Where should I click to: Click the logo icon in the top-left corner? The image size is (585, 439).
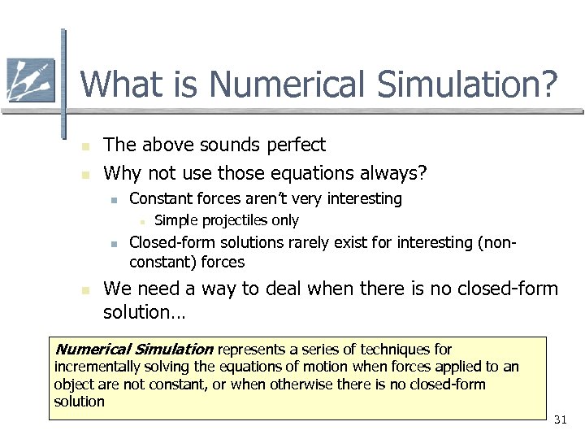(x=30, y=80)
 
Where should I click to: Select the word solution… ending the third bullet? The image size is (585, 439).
(x=144, y=312)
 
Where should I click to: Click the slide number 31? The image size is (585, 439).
(x=559, y=419)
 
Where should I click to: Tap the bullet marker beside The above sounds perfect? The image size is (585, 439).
(x=84, y=146)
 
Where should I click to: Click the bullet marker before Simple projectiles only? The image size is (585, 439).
(x=141, y=221)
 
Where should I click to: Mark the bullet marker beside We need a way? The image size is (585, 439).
(x=84, y=290)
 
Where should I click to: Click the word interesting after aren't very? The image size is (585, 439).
(x=363, y=198)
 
